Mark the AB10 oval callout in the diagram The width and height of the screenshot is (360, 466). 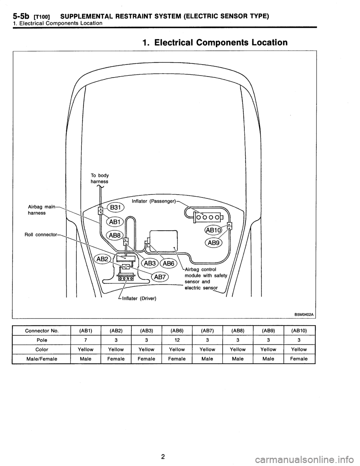click(x=213, y=230)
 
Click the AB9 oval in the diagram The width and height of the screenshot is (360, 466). click(x=214, y=243)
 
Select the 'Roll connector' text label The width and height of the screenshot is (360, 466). click(x=41, y=235)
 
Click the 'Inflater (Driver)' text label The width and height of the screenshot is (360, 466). click(x=139, y=298)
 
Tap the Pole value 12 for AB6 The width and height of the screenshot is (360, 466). click(x=177, y=340)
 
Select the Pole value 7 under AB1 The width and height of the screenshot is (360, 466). click(x=85, y=340)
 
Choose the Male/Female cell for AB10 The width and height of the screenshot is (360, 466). click(x=299, y=359)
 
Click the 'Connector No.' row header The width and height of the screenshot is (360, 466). click(x=42, y=331)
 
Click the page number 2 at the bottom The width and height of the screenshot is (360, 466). click(x=163, y=444)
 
